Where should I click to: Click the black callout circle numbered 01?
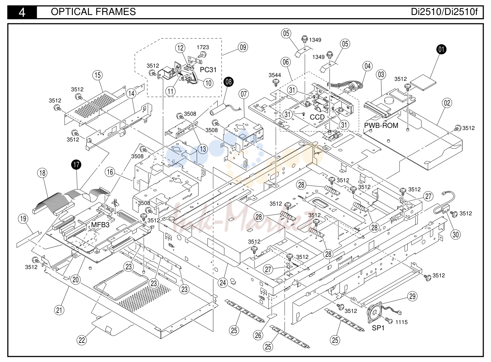[x=441, y=49]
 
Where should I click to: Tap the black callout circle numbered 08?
[x=228, y=82]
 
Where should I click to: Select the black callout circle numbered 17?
[x=76, y=165]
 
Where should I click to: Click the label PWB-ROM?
[x=381, y=125]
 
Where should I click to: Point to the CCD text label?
[x=317, y=117]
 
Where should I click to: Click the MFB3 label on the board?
[x=100, y=225]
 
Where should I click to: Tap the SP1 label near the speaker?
[x=378, y=328]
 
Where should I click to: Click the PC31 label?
[x=208, y=70]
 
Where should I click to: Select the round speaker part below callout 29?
[x=375, y=313]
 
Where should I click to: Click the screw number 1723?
[x=203, y=47]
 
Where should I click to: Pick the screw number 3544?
[x=275, y=75]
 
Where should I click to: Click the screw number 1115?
[x=402, y=322]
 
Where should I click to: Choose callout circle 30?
[x=455, y=234]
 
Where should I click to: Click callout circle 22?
[x=82, y=340]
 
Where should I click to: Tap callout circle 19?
[x=23, y=218]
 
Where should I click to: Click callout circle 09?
[x=243, y=47]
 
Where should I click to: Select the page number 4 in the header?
[x=22, y=13]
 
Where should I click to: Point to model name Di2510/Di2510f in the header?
[x=444, y=12]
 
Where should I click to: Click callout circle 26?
[x=258, y=336]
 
